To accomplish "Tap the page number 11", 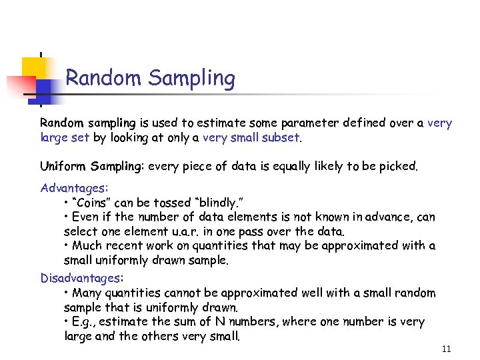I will tap(446, 349).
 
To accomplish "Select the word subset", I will tap(282, 138).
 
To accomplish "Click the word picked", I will tap(398, 166).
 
